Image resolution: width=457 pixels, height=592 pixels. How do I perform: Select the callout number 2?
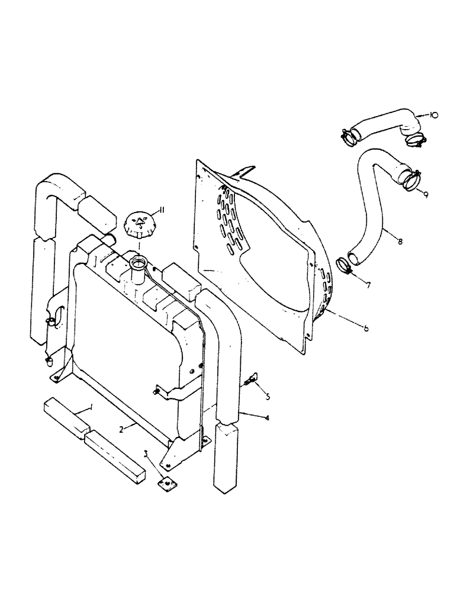point(121,431)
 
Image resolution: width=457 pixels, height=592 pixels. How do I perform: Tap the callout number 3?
point(146,454)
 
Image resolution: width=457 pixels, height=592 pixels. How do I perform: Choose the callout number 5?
point(268,396)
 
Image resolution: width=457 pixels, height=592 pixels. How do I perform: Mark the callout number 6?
point(366,328)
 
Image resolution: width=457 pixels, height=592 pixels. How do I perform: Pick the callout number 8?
point(401,242)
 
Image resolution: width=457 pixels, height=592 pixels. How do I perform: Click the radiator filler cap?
point(140,224)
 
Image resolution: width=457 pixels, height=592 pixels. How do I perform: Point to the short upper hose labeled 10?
point(385,126)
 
